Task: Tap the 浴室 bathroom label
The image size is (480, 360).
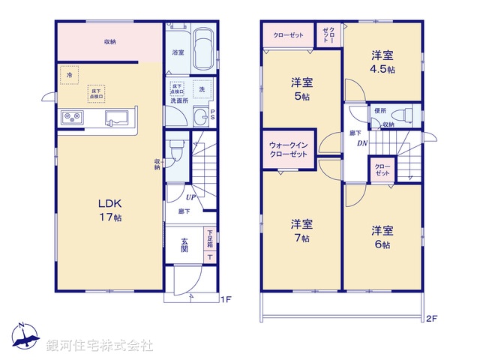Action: click(178, 52)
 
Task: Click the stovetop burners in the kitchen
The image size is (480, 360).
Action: click(73, 117)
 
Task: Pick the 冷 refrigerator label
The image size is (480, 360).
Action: click(70, 75)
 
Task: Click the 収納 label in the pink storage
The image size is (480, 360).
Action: click(109, 42)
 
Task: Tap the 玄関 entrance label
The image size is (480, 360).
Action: click(184, 244)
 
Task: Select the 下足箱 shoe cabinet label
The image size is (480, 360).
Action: click(209, 239)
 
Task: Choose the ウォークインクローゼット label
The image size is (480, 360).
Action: click(288, 149)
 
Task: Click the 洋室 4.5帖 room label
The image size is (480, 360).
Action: click(382, 61)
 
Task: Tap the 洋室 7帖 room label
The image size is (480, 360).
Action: click(302, 230)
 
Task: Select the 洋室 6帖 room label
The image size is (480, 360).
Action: click(382, 237)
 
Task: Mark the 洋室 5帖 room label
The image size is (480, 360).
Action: click(302, 89)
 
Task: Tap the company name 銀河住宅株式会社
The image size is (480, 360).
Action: click(100, 346)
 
